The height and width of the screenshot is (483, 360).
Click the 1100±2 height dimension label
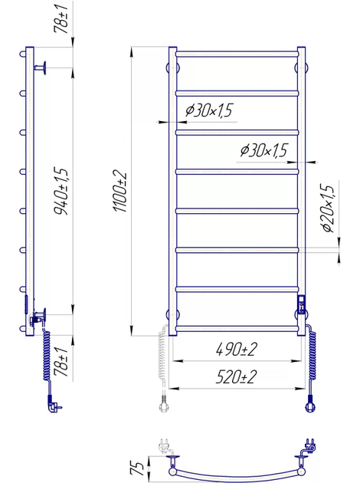(120, 191)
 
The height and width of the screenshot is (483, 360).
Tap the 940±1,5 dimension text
(61, 192)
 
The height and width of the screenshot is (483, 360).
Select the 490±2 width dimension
(237, 350)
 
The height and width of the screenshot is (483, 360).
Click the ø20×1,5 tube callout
(327, 208)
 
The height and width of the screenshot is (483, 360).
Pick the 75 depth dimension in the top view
(138, 468)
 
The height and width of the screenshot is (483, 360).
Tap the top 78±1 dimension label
(61, 18)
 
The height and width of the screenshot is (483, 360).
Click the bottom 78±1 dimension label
(61, 361)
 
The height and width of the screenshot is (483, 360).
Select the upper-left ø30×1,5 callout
(209, 110)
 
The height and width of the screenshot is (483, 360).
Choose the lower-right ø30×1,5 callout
(263, 150)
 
